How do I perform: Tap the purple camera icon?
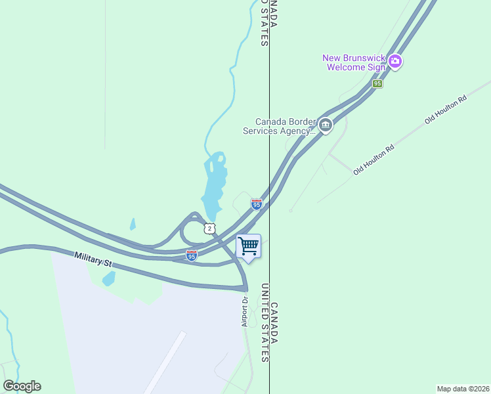tap(395, 62)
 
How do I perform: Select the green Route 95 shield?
tap(377, 84)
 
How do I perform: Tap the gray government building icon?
tap(325, 124)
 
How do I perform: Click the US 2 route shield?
tap(208, 228)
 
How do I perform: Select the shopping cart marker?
tap(248, 247)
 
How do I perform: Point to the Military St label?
tap(93, 260)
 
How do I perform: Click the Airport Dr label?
tap(244, 311)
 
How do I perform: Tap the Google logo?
tap(22, 386)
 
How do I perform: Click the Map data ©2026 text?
tap(463, 388)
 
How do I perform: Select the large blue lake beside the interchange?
tap(215, 184)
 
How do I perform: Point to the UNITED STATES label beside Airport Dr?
tap(265, 322)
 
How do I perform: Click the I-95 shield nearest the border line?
tap(256, 205)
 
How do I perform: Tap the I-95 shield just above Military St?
tap(192, 255)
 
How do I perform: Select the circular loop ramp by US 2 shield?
tap(190, 230)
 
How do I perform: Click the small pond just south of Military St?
tap(109, 278)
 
